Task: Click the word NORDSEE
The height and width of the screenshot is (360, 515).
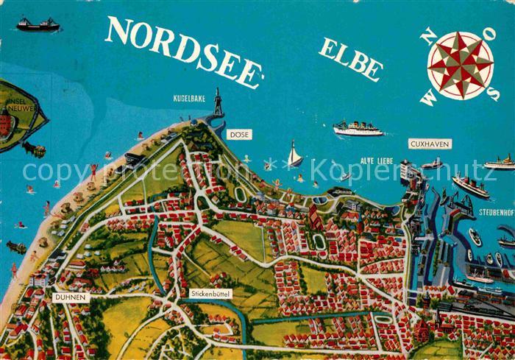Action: pos(184,50)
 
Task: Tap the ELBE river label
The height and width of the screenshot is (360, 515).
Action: pos(350,59)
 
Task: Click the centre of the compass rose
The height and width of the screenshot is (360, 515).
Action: pos(461,65)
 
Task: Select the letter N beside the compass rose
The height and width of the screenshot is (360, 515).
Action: pos(428,36)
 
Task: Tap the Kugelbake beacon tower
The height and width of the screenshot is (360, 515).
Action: pos(217,103)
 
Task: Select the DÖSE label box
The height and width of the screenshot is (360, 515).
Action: pos(239,135)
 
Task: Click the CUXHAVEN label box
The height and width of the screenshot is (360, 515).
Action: pos(430,144)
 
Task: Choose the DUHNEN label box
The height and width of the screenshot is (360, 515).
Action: pos(71,297)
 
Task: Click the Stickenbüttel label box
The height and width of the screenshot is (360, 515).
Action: pos(210,293)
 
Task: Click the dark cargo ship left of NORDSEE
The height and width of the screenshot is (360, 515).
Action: pos(38,25)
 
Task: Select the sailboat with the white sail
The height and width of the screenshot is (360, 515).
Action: pos(294,155)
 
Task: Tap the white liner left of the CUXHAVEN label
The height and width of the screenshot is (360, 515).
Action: pos(358,129)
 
